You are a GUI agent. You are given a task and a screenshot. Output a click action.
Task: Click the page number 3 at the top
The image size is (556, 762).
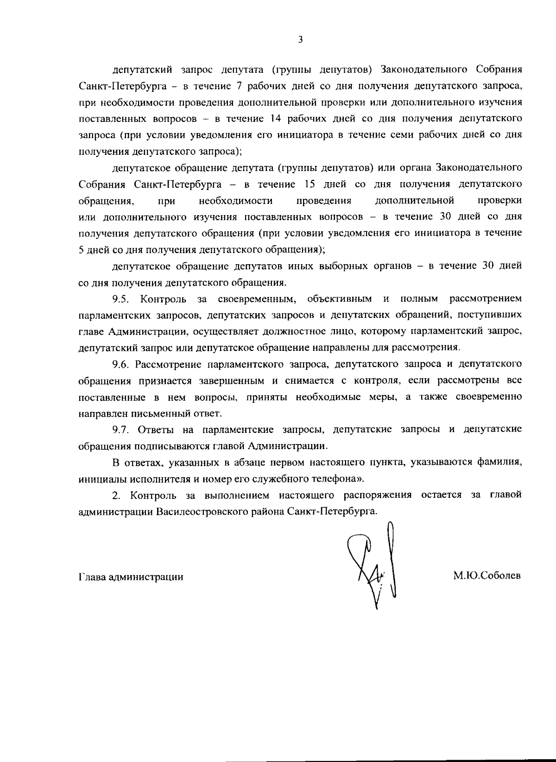300,40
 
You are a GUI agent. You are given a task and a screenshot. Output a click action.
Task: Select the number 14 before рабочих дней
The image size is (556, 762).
272,118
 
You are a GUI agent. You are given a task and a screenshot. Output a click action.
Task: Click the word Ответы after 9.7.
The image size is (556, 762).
156,429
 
